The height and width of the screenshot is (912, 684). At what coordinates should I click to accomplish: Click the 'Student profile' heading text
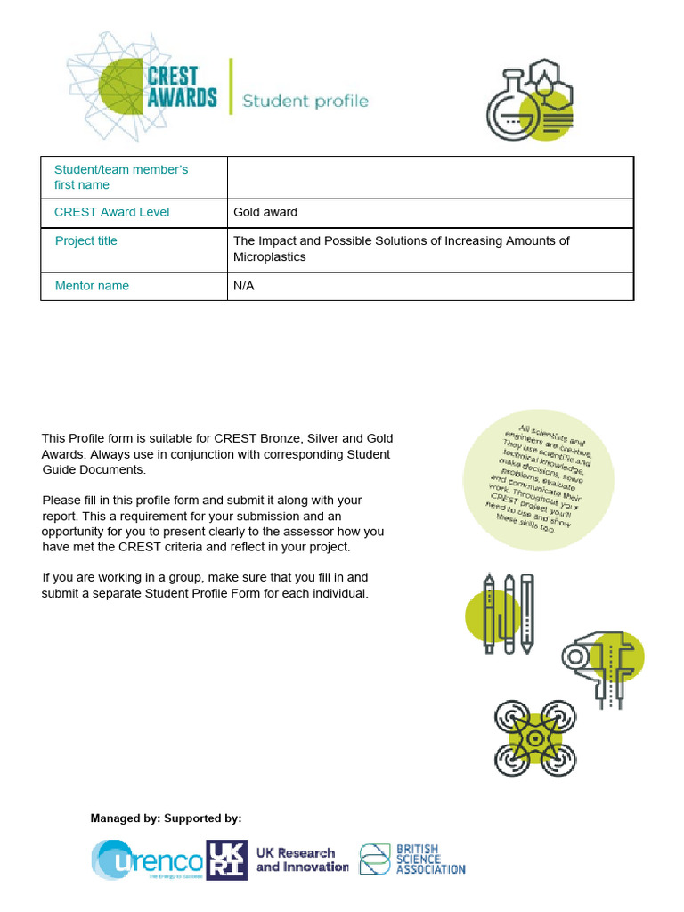[x=305, y=101]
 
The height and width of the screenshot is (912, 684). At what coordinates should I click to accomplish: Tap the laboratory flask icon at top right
[x=529, y=99]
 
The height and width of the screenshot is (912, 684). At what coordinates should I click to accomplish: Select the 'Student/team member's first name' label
[x=121, y=177]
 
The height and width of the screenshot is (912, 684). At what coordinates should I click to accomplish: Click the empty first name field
[x=430, y=177]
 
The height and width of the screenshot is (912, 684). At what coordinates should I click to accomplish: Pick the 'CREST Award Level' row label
[x=111, y=212]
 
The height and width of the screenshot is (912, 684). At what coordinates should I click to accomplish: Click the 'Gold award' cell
[x=265, y=212]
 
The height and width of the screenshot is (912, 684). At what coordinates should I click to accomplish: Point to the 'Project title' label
[x=86, y=240]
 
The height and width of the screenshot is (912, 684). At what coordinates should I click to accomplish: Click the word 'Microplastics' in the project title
[x=269, y=257]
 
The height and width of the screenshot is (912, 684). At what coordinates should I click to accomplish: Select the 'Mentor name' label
[x=92, y=286]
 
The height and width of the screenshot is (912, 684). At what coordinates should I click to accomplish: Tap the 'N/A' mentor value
[x=244, y=286]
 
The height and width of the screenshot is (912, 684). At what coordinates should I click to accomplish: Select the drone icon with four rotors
[x=535, y=737]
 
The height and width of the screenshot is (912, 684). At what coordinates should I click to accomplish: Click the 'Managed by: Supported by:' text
[x=166, y=818]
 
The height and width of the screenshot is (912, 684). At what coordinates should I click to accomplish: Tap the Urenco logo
[x=147, y=860]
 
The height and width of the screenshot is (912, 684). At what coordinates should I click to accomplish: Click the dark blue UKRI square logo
[x=226, y=860]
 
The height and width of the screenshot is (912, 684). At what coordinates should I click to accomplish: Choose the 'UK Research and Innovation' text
[x=302, y=860]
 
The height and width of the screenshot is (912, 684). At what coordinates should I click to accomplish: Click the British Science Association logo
[x=412, y=860]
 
